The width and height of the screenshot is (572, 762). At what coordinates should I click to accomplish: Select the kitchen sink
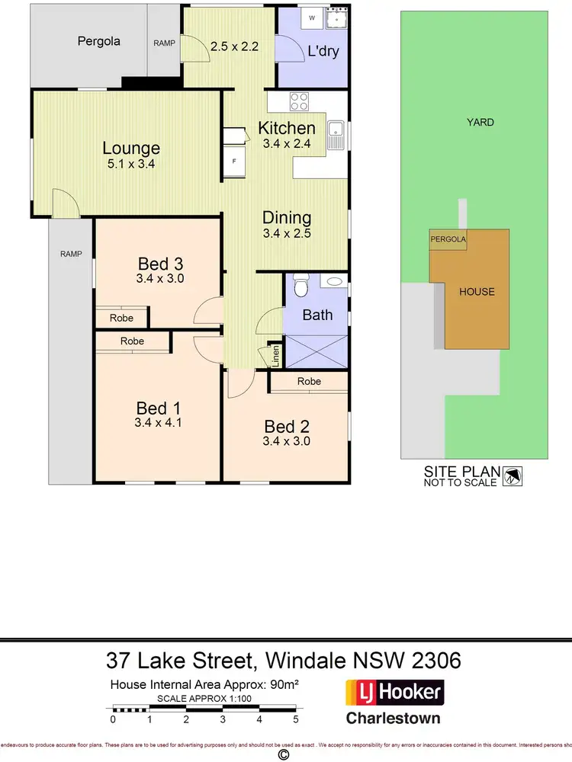pyautogui.click(x=336, y=135)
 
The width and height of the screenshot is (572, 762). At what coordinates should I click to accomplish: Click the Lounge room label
pyautogui.click(x=131, y=149)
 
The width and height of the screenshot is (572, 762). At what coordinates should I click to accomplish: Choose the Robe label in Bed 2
pyautogui.click(x=309, y=381)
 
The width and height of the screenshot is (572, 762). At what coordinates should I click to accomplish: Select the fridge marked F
pyautogui.click(x=233, y=162)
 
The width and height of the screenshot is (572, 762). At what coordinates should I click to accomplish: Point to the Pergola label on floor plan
pyautogui.click(x=99, y=41)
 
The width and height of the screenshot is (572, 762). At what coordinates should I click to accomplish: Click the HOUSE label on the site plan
pyautogui.click(x=477, y=291)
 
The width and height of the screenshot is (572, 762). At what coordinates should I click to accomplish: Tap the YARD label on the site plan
pyautogui.click(x=480, y=122)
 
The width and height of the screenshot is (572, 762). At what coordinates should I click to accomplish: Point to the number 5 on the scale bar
pyautogui.click(x=295, y=719)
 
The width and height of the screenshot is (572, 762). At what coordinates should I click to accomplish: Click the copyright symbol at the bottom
pyautogui.click(x=284, y=754)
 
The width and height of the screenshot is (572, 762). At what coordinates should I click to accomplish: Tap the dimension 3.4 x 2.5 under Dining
pyautogui.click(x=287, y=234)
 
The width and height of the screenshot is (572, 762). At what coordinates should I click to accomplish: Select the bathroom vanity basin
pyautogui.click(x=333, y=281)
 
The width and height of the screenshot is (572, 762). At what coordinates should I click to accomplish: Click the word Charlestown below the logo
pyautogui.click(x=394, y=718)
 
